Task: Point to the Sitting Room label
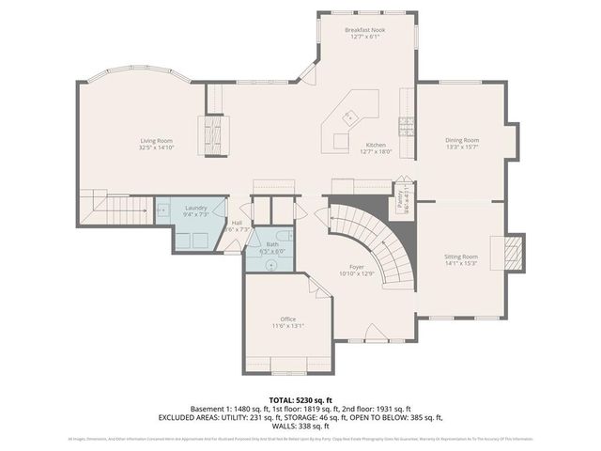461,257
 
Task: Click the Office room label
288,319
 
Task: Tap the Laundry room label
195,207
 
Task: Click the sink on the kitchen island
348,117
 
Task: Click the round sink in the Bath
271,264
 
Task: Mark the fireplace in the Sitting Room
513,252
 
